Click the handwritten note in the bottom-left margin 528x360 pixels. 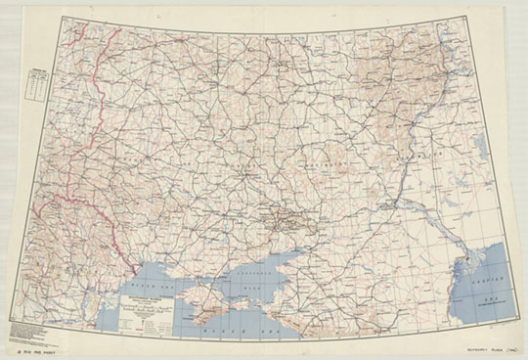[39, 348]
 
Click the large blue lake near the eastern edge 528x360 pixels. [479, 147]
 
